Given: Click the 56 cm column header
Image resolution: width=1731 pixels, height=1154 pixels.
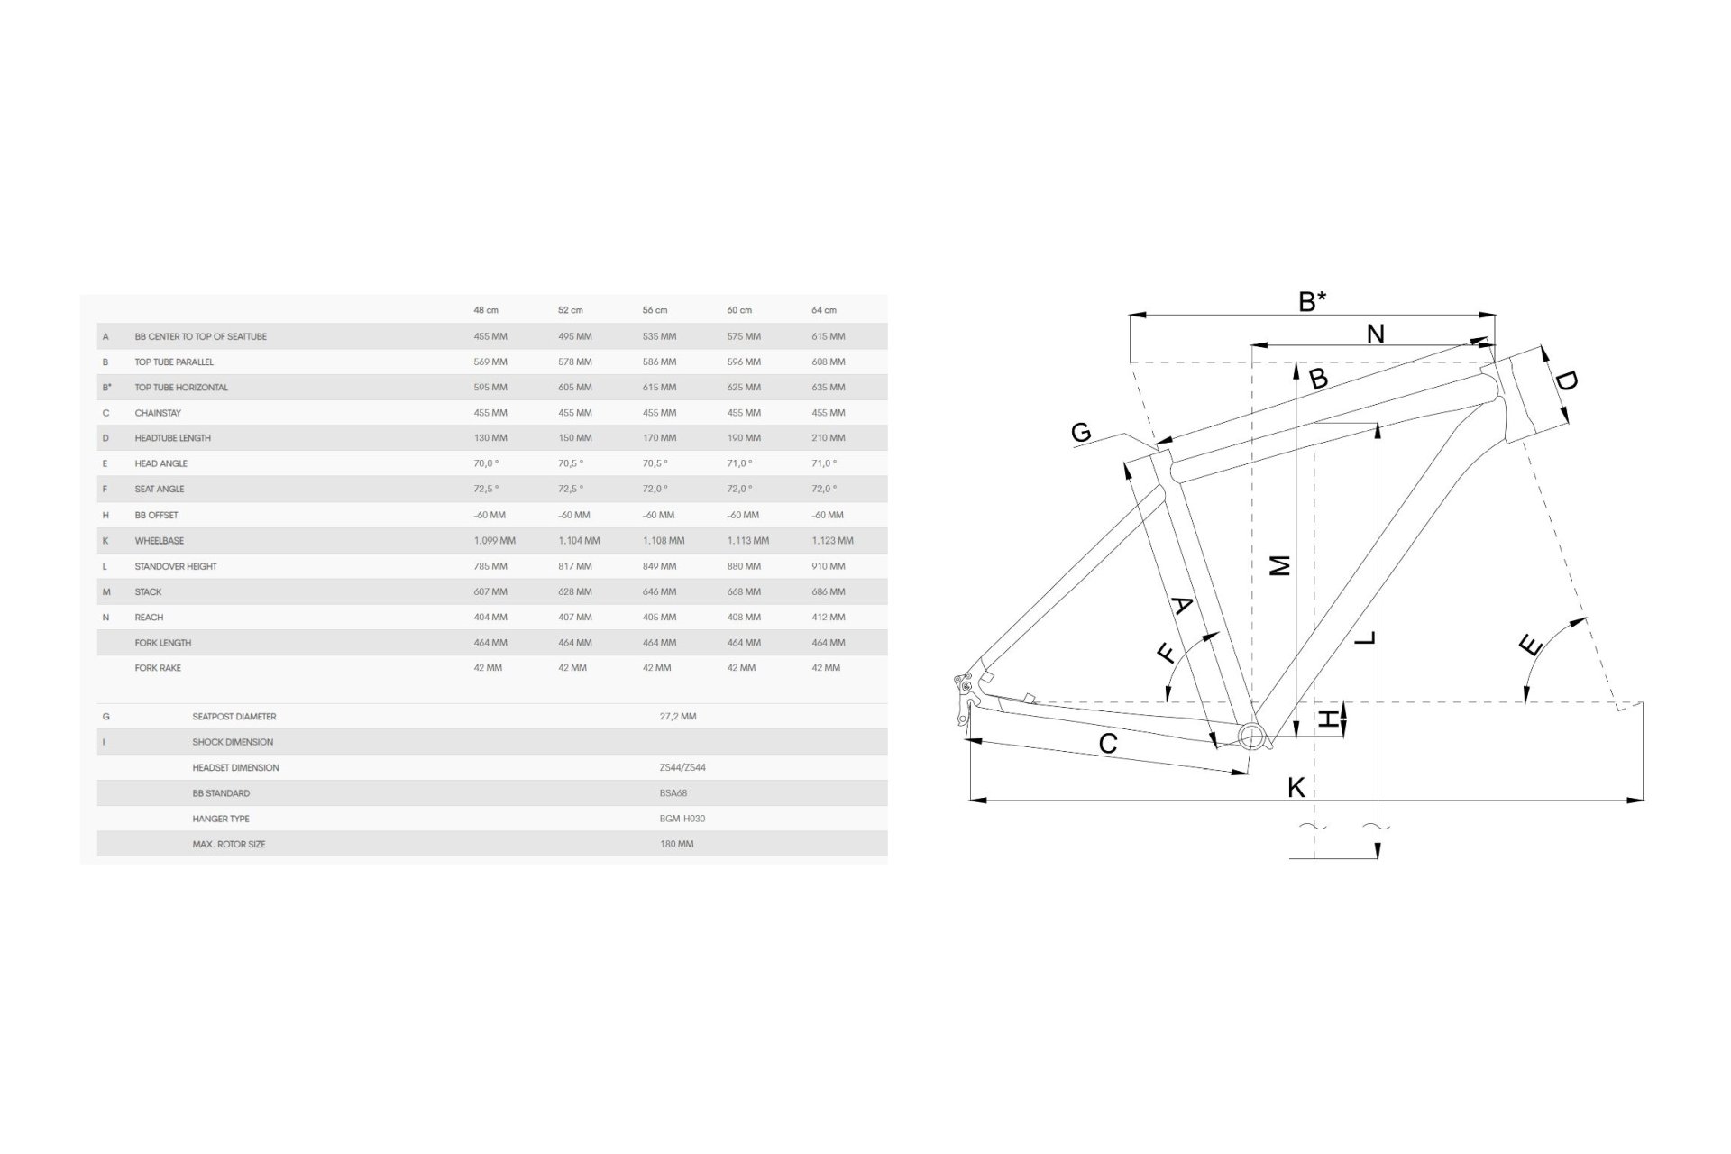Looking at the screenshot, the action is (x=655, y=310).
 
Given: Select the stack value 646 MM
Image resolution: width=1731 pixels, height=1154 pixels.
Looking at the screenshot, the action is (x=659, y=592).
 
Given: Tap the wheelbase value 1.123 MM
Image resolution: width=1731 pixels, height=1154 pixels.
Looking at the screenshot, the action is (x=832, y=541).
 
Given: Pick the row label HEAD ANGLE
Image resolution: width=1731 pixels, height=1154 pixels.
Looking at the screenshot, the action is (x=161, y=463).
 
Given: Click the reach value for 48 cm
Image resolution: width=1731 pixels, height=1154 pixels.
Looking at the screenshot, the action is (x=490, y=618).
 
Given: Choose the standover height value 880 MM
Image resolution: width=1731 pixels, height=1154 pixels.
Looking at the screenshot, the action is (x=744, y=567).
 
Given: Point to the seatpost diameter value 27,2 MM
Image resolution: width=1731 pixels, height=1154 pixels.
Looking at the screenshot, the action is (x=678, y=717).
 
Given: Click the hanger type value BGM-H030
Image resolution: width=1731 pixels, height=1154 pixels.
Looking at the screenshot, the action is (x=682, y=819).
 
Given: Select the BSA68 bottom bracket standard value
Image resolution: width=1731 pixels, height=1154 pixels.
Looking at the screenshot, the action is (x=674, y=793).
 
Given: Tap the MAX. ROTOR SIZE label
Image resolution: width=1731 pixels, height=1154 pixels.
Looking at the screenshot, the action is (x=229, y=845).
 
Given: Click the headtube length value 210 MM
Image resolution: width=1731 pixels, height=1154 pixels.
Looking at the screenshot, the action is (x=829, y=438).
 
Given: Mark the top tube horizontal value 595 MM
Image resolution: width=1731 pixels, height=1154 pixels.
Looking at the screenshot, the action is (x=490, y=388).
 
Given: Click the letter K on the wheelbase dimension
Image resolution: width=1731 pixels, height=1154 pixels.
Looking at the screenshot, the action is (x=1296, y=787).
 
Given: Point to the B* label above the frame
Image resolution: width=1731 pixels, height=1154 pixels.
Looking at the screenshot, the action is (x=1312, y=301).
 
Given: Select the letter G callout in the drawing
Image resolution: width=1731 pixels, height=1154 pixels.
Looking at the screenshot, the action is (x=1081, y=433).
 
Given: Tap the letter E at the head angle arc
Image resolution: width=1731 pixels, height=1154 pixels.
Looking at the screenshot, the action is (x=1530, y=646).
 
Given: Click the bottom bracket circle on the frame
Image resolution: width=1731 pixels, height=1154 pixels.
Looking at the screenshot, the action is (x=1251, y=736).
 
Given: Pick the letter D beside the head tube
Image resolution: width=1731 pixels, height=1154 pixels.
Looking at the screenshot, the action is (x=1566, y=381).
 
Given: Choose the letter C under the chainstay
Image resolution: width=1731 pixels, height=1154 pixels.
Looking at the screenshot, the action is (x=1108, y=744).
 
